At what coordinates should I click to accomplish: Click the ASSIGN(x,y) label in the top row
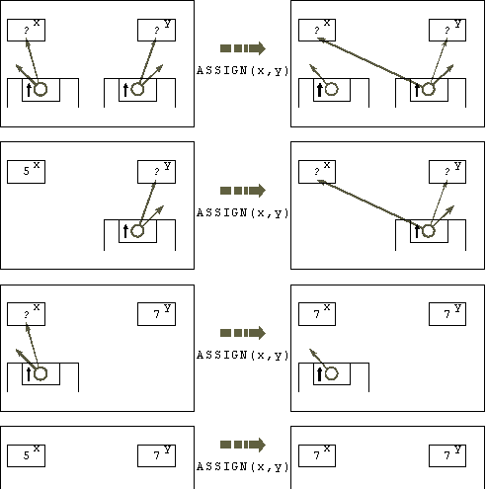[242, 71]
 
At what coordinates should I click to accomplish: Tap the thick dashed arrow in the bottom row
[243, 445]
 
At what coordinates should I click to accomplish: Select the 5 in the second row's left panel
[27, 171]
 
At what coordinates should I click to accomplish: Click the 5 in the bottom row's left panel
[27, 455]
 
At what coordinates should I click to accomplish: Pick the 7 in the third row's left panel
[157, 314]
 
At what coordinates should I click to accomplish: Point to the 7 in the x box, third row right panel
[316, 314]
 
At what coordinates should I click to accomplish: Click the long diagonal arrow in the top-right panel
[367, 60]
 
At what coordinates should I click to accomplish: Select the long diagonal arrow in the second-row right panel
[367, 203]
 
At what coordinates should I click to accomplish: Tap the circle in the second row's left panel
[137, 231]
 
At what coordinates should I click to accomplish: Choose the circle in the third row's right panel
[332, 373]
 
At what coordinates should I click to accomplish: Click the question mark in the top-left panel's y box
[157, 30]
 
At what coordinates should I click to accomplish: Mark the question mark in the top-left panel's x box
[27, 30]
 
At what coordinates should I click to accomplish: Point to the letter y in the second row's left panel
[167, 166]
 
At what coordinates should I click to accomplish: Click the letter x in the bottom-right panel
[327, 448]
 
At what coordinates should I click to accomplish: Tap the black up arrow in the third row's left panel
[29, 374]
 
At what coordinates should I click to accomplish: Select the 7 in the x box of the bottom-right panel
[316, 455]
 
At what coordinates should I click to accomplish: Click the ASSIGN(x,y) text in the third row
[242, 356]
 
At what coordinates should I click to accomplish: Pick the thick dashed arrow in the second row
[243, 191]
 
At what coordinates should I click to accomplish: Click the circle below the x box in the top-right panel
[332, 89]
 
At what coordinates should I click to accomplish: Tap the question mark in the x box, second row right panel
[316, 171]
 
